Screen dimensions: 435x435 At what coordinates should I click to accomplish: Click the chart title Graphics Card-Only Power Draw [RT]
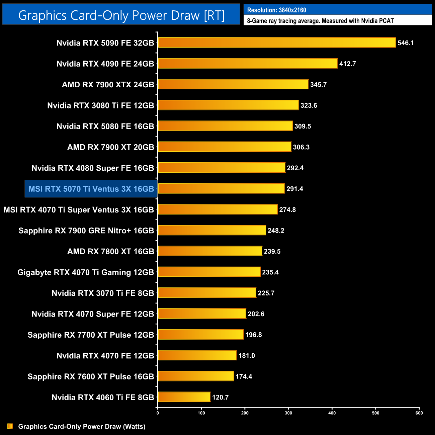pyautogui.click(x=121, y=15)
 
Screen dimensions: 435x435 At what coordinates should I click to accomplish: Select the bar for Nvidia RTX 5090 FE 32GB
pyautogui.click(x=277, y=42)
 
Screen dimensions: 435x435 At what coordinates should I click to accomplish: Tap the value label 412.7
pyautogui.click(x=347, y=64)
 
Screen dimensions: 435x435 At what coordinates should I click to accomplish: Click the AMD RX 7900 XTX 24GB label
pyautogui.click(x=108, y=85)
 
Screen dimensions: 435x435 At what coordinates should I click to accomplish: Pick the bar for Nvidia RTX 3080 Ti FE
pyautogui.click(x=228, y=105)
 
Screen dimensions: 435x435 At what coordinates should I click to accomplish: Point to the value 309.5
pyautogui.click(x=302, y=126)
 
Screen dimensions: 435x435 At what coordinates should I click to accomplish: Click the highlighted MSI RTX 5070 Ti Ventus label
pyautogui.click(x=91, y=189)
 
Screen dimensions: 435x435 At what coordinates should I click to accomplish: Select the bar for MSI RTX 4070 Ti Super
pyautogui.click(x=217, y=209)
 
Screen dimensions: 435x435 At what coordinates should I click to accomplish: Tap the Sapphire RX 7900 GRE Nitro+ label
pyautogui.click(x=86, y=231)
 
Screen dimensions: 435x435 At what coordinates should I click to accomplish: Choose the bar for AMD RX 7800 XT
pyautogui.click(x=210, y=251)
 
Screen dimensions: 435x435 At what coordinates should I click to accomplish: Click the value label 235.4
pyautogui.click(x=270, y=272)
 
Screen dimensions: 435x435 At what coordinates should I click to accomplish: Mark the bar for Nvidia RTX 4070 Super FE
pyautogui.click(x=202, y=314)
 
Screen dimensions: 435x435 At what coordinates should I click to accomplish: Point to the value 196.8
pyautogui.click(x=253, y=335)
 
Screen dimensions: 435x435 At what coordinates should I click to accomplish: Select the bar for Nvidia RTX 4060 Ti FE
pyautogui.click(x=184, y=397)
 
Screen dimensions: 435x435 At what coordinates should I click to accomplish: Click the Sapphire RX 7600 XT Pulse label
pyautogui.click(x=91, y=376)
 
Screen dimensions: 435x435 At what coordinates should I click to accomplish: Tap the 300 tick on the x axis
pyautogui.click(x=288, y=413)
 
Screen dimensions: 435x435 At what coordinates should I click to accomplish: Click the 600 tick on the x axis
pyautogui.click(x=419, y=413)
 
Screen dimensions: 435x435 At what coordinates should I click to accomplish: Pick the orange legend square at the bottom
pyautogui.click(x=10, y=426)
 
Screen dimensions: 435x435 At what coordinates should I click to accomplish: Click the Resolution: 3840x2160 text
pyautogui.click(x=276, y=10)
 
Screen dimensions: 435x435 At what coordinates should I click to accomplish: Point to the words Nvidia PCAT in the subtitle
pyautogui.click(x=377, y=21)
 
